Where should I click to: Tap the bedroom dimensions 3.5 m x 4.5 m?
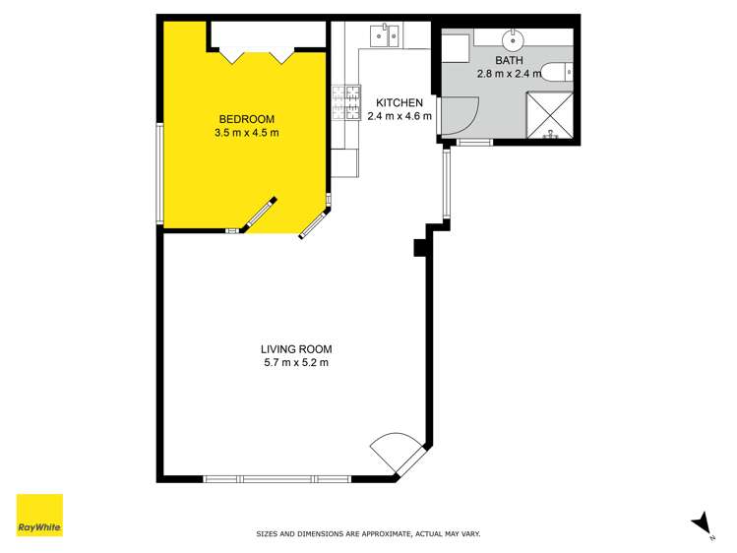pos(247,132)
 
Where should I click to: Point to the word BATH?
pos(509,61)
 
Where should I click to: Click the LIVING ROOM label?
pos(296,348)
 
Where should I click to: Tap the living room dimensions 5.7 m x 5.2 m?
pos(296,362)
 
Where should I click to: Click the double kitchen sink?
pos(384,37)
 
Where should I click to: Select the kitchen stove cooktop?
pos(345,100)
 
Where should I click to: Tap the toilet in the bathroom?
pos(556,71)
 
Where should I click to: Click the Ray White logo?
pos(39,515)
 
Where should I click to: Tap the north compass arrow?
pos(702,523)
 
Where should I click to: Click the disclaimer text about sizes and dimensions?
pos(368,534)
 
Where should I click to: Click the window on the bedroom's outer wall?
pos(158,173)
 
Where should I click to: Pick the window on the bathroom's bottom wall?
pos(475,144)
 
